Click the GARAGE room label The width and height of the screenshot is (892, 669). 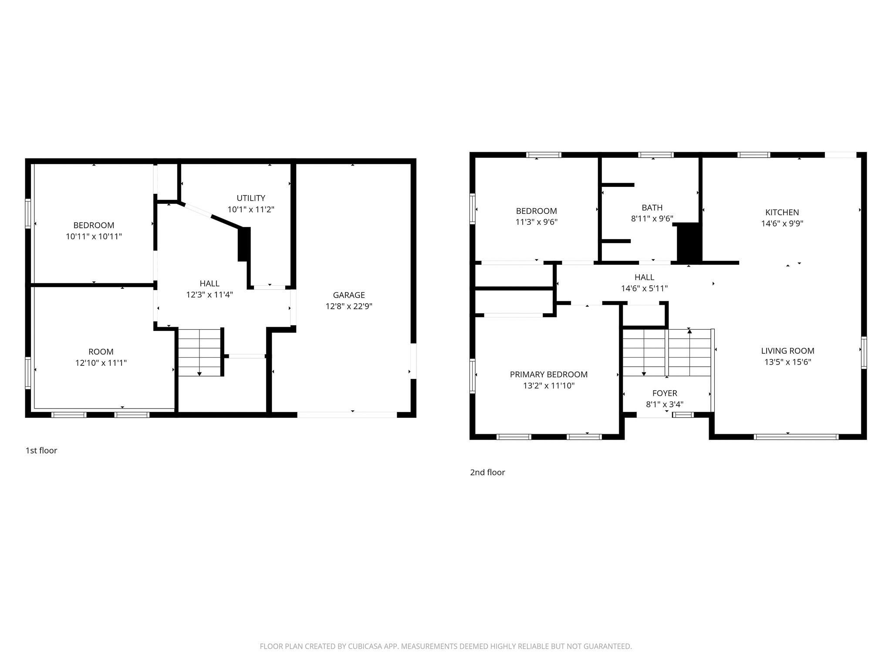(x=348, y=295)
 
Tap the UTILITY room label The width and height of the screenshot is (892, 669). (x=251, y=198)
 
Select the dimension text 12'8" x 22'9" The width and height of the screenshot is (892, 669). (x=348, y=306)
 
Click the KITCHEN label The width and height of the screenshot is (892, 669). (x=782, y=212)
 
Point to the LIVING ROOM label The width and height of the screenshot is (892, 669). (x=787, y=351)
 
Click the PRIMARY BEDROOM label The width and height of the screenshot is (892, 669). (x=548, y=374)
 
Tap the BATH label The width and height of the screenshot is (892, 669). (x=652, y=207)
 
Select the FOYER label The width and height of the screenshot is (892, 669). (x=664, y=393)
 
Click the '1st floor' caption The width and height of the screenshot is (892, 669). (x=41, y=450)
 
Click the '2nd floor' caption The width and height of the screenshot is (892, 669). (x=487, y=472)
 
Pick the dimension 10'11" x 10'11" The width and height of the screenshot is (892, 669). (x=94, y=237)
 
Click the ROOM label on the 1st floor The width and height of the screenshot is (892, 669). (x=101, y=351)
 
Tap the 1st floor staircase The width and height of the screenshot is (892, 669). (x=199, y=352)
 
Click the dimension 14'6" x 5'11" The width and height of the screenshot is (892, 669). (x=644, y=288)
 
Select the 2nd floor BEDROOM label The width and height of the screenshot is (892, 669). (x=536, y=211)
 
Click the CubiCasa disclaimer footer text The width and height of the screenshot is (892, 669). (x=446, y=646)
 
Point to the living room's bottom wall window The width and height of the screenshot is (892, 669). (x=796, y=436)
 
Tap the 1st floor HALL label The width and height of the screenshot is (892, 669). (x=209, y=284)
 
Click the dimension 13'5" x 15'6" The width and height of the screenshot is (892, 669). (x=787, y=362)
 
